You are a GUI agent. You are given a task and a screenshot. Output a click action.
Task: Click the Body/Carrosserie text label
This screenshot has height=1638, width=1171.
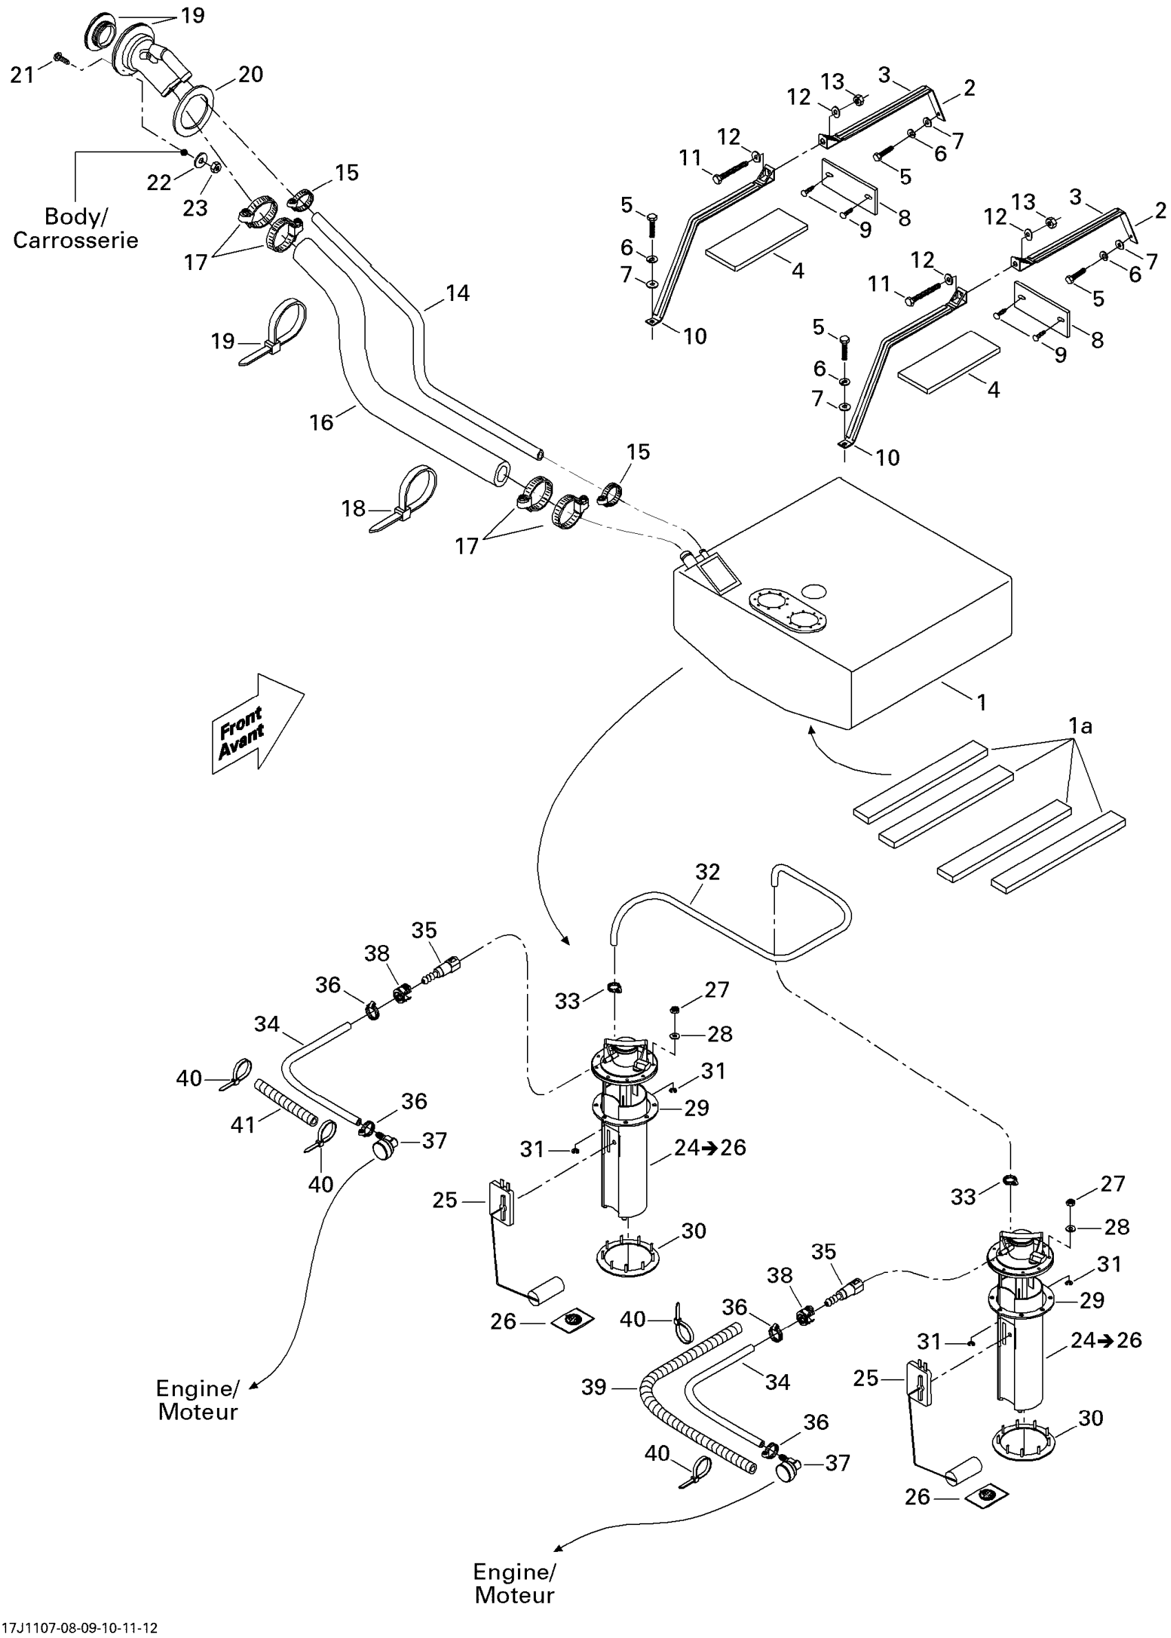pos(76,228)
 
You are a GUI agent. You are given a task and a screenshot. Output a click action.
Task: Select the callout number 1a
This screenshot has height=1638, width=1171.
pos(1080,726)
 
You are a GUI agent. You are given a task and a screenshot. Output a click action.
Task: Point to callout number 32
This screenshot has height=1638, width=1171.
pos(707,872)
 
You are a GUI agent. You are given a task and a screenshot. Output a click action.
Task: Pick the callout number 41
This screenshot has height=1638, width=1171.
pos(243,1125)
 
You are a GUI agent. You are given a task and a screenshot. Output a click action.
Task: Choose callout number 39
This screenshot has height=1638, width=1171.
pos(594,1387)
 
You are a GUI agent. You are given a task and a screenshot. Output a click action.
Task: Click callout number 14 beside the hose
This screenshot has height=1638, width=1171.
pos(458,293)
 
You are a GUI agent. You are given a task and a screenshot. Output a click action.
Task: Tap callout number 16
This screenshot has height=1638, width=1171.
pos(322,422)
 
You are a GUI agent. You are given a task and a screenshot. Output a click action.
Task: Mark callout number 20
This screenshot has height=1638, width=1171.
pos(250,74)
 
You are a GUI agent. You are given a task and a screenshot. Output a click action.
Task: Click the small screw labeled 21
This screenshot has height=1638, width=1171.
pos(61,59)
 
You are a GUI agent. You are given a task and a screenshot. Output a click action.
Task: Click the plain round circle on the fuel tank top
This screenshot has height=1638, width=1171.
pos(815,590)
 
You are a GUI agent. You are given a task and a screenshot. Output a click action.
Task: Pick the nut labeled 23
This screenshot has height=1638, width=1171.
pos(215,167)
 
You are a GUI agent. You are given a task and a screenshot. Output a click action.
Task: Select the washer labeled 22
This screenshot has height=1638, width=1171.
pos(198,158)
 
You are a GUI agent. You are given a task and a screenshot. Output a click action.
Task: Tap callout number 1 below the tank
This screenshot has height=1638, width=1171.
pos(982,702)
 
